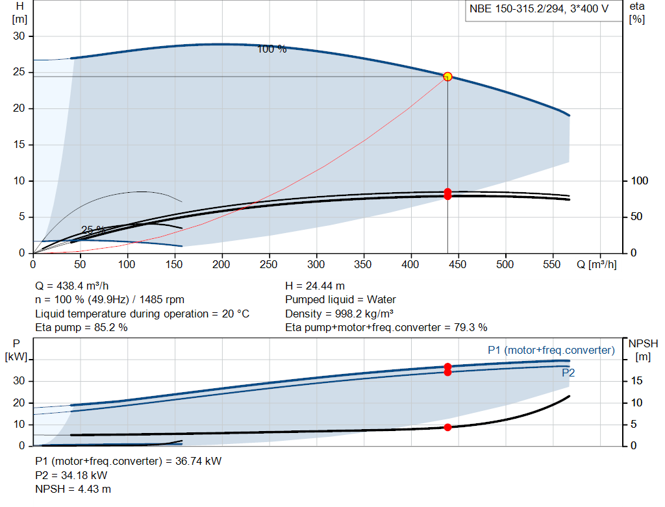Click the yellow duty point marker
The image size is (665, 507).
click(x=447, y=77)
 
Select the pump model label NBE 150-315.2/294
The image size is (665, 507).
click(x=516, y=9)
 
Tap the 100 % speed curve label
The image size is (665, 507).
click(x=272, y=49)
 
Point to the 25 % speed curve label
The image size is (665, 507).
click(x=93, y=230)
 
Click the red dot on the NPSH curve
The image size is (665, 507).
click(x=447, y=427)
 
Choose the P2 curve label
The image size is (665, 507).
click(x=568, y=373)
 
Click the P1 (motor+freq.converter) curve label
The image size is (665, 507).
click(x=551, y=350)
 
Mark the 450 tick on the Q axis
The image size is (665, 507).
click(x=458, y=264)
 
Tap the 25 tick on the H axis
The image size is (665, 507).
click(x=19, y=72)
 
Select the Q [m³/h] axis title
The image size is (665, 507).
click(x=597, y=264)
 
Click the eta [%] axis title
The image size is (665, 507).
click(x=637, y=13)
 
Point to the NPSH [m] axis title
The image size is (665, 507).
click(x=643, y=350)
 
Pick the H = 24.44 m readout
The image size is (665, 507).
click(x=315, y=286)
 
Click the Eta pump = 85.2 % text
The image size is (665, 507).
click(x=81, y=328)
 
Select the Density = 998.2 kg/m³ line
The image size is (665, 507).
click(x=339, y=314)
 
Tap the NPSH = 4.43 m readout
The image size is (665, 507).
click(x=73, y=489)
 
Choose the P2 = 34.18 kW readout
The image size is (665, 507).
click(x=71, y=475)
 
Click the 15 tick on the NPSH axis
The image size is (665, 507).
click(x=636, y=380)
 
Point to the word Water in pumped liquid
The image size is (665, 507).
click(x=381, y=300)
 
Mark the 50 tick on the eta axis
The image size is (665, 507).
click(x=636, y=217)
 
